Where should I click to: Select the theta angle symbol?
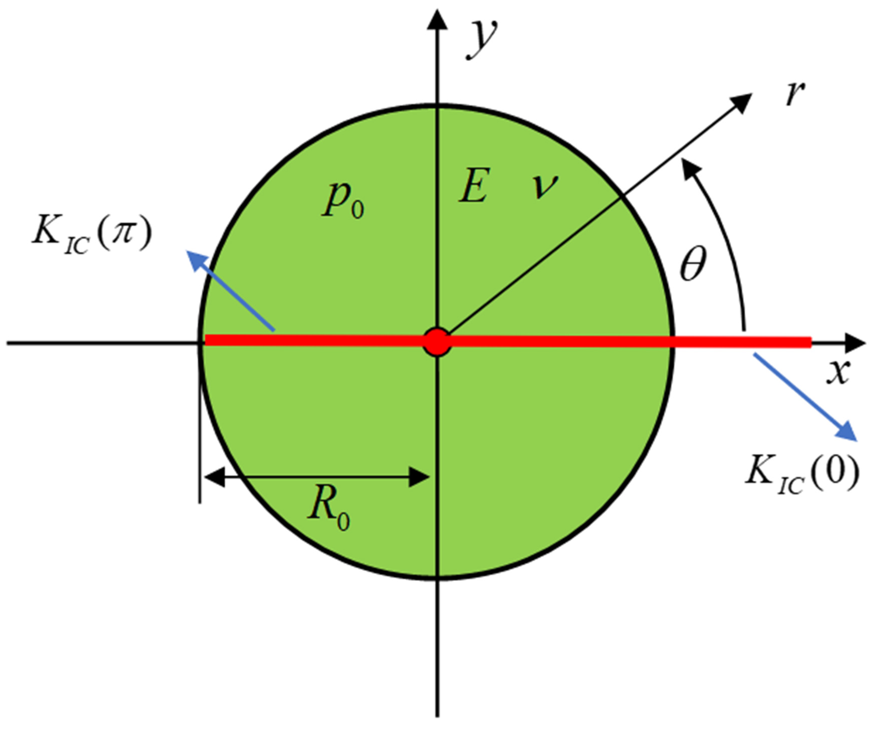pyautogui.click(x=693, y=264)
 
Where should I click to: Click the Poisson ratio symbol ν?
pyautogui.click(x=544, y=186)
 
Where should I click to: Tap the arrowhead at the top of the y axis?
pyautogui.click(x=437, y=21)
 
